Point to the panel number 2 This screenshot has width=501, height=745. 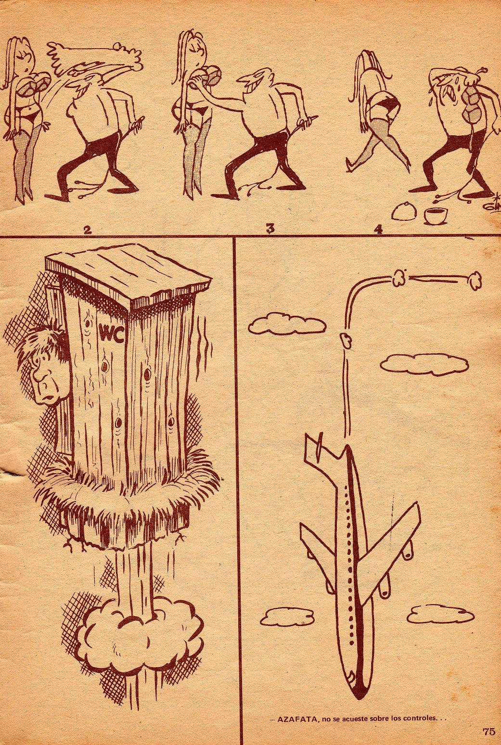88,230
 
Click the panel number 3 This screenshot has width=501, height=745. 270,229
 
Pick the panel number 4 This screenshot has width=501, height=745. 378,230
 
